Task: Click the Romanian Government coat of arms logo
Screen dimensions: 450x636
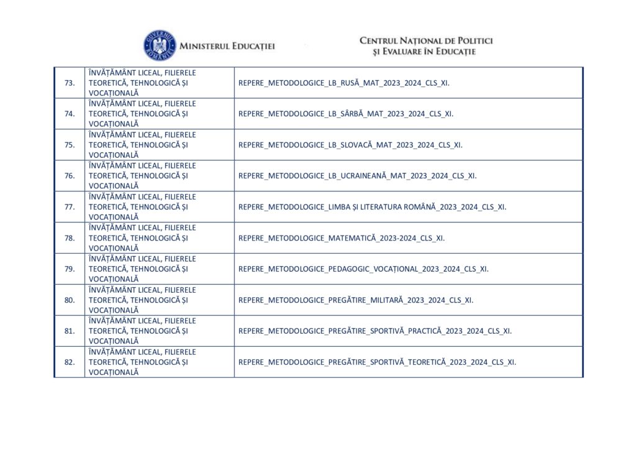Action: (160, 45)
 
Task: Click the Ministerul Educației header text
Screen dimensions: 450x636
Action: (227, 46)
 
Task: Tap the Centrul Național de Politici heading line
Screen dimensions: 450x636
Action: (426, 40)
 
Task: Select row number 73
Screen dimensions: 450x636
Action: (70, 83)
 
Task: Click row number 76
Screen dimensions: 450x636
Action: (70, 176)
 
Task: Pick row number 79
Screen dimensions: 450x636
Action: (70, 269)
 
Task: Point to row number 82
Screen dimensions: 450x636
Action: (70, 362)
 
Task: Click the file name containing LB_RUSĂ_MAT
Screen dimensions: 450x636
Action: (343, 83)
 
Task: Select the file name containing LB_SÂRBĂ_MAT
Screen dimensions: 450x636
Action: (346, 114)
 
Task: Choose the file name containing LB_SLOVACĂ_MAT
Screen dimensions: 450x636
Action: (350, 145)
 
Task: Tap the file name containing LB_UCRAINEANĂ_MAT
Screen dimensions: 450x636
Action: (357, 176)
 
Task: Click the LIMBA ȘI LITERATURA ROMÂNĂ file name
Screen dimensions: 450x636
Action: (372, 207)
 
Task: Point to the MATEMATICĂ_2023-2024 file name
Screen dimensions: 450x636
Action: (342, 238)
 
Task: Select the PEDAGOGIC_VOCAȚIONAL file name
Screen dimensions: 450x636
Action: (363, 269)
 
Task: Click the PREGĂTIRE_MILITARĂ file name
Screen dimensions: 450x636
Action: (356, 300)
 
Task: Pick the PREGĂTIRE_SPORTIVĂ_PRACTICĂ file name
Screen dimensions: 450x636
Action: (375, 331)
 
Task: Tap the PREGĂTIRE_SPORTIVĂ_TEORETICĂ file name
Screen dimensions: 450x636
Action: (377, 362)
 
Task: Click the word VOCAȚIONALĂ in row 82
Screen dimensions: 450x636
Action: (114, 372)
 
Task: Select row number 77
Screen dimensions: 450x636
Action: (70, 207)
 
